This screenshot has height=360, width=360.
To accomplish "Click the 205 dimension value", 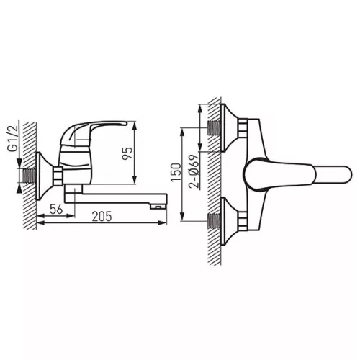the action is coord(102,216).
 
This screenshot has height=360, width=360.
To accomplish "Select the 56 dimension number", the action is coord(56,209).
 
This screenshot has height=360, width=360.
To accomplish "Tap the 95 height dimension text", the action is coord(127,153).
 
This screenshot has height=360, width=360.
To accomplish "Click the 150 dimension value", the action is coord(176,172).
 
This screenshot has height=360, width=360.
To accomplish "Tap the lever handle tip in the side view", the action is coord(125,123).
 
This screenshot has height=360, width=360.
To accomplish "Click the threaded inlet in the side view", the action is coord(29,176).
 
